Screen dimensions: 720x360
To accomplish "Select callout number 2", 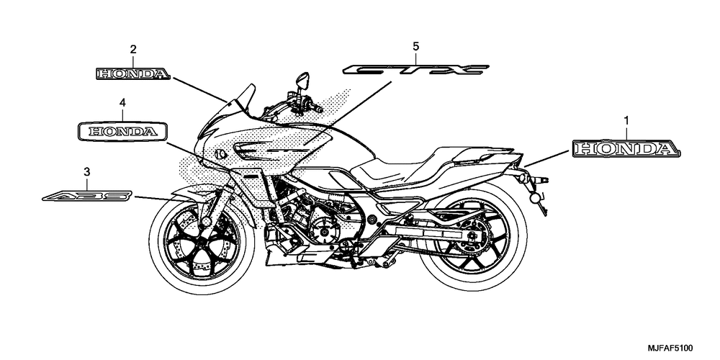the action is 133,49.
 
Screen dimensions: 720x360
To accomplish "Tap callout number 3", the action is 87,172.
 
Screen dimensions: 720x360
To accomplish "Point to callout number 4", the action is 122,103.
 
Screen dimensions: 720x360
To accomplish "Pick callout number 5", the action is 415,46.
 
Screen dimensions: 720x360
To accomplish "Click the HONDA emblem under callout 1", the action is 626,148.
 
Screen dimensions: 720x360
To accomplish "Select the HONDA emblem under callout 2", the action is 133,73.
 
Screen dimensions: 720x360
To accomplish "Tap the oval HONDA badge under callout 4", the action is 122,132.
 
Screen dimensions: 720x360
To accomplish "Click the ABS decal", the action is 87,196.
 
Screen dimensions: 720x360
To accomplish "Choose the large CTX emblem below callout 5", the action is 415,70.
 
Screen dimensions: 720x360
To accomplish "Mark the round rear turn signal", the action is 535,198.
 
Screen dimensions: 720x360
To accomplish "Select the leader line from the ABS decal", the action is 153,198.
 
